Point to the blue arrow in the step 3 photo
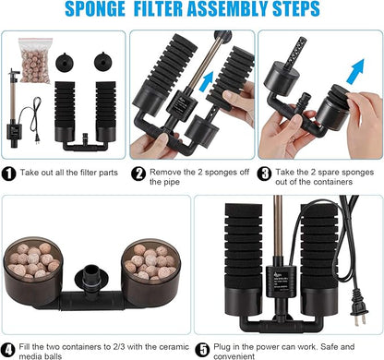pyautogui.click(x=348, y=67)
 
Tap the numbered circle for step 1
pyautogui.click(x=9, y=172)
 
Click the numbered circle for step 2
pyautogui.click(x=137, y=172)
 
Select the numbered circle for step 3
pyautogui.click(x=265, y=172)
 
